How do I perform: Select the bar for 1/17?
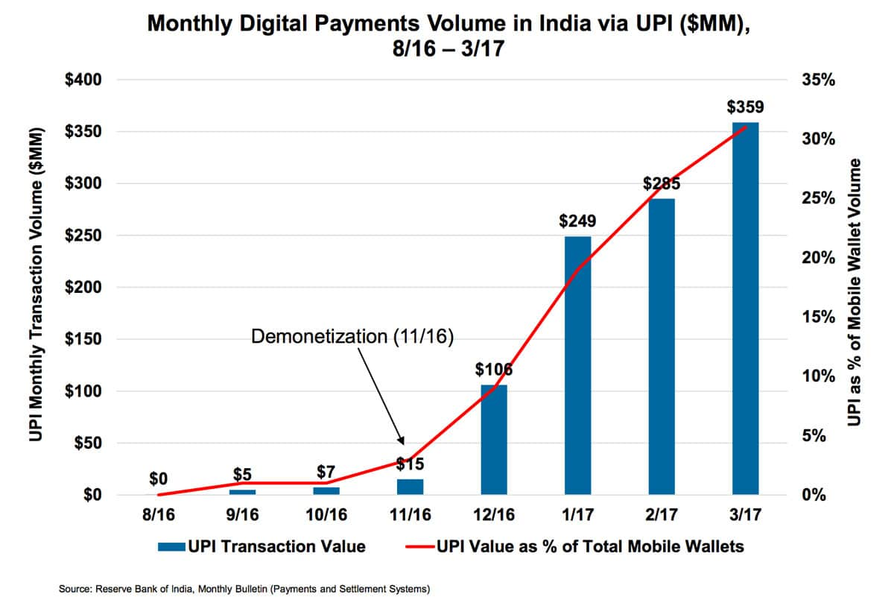[577, 365]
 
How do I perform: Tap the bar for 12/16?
[494, 440]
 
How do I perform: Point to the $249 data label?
[577, 221]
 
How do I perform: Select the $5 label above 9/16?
[242, 475]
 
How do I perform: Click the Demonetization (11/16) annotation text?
[352, 336]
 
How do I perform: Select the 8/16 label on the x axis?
[158, 515]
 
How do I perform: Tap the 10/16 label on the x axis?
[326, 515]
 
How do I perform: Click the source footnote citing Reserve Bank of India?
[244, 589]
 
